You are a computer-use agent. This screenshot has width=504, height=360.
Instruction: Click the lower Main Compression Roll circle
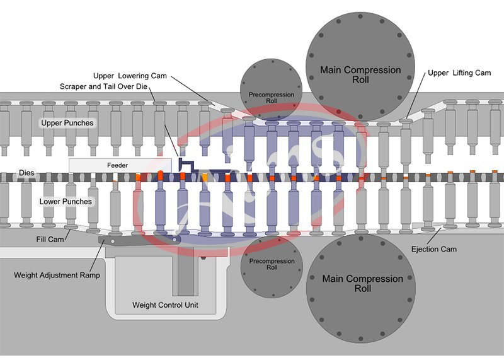coord(360,290)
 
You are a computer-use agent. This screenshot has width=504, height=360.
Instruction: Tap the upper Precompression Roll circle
coord(272,89)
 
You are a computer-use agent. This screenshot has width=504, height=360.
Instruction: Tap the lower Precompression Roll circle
coord(272,265)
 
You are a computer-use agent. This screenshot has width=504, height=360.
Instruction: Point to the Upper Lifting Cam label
coord(459,73)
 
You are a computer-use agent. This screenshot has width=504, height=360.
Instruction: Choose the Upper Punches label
coord(66,123)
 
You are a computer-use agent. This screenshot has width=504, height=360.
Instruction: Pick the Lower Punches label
coord(66,202)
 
